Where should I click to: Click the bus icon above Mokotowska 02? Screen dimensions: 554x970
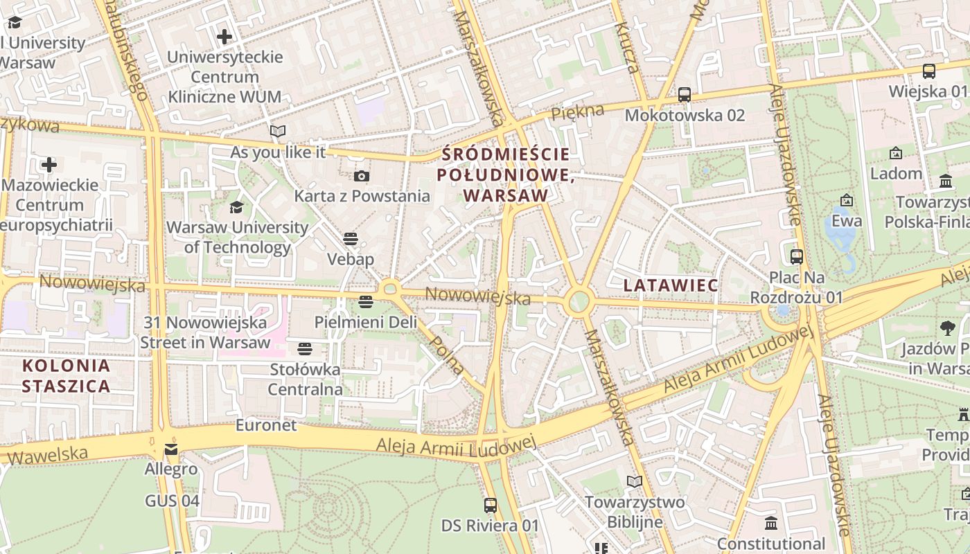[x=685, y=95]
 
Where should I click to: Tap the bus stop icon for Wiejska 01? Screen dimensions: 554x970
[x=929, y=71]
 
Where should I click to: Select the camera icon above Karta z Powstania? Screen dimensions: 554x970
[x=362, y=176]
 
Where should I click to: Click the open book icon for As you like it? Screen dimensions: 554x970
[x=278, y=131]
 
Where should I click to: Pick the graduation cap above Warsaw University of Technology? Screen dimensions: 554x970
[x=237, y=207]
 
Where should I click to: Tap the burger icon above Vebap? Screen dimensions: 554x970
[x=351, y=239]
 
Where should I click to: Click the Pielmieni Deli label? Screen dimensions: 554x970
[x=366, y=322]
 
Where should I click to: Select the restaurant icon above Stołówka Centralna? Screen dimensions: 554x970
[x=305, y=348]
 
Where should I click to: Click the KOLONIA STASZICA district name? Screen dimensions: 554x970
[x=66, y=376]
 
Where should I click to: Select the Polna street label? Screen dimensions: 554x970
[x=447, y=355]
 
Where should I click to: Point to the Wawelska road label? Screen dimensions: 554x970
[x=48, y=455]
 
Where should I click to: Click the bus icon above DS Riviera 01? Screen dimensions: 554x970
[x=491, y=506]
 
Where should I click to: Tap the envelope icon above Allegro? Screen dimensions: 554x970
[x=171, y=450]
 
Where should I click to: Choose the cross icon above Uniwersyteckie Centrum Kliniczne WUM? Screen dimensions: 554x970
[x=224, y=36]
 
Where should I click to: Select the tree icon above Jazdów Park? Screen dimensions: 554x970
[x=947, y=328]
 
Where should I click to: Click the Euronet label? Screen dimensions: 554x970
[x=266, y=425]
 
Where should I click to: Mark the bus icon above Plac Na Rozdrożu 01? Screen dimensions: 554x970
[x=797, y=257]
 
